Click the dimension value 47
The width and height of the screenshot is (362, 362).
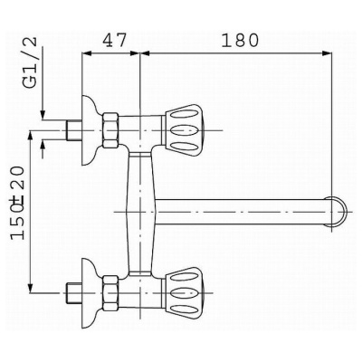tap(114, 40)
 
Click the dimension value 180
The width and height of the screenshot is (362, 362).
tap(240, 41)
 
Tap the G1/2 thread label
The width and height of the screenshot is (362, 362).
tap(31, 62)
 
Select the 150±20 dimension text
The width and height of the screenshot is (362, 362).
tap(17, 203)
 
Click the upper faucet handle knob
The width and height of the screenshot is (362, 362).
tap(183, 130)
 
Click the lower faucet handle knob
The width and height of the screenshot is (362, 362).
tap(183, 292)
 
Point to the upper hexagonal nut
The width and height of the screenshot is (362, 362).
tap(110, 130)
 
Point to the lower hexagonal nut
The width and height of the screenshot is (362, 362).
tap(110, 292)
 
